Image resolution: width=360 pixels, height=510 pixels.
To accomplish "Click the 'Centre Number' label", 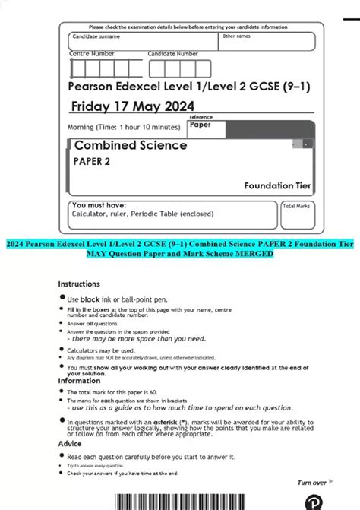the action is (92, 54).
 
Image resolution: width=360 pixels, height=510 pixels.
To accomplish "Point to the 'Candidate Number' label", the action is (172, 54).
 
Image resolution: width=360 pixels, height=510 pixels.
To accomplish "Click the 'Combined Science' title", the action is (130, 145).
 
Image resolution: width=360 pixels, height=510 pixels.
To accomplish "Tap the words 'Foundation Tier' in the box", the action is (277, 185).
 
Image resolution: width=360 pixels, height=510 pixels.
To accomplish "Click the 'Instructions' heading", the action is (79, 283).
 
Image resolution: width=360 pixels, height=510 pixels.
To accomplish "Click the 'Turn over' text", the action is (311, 483).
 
